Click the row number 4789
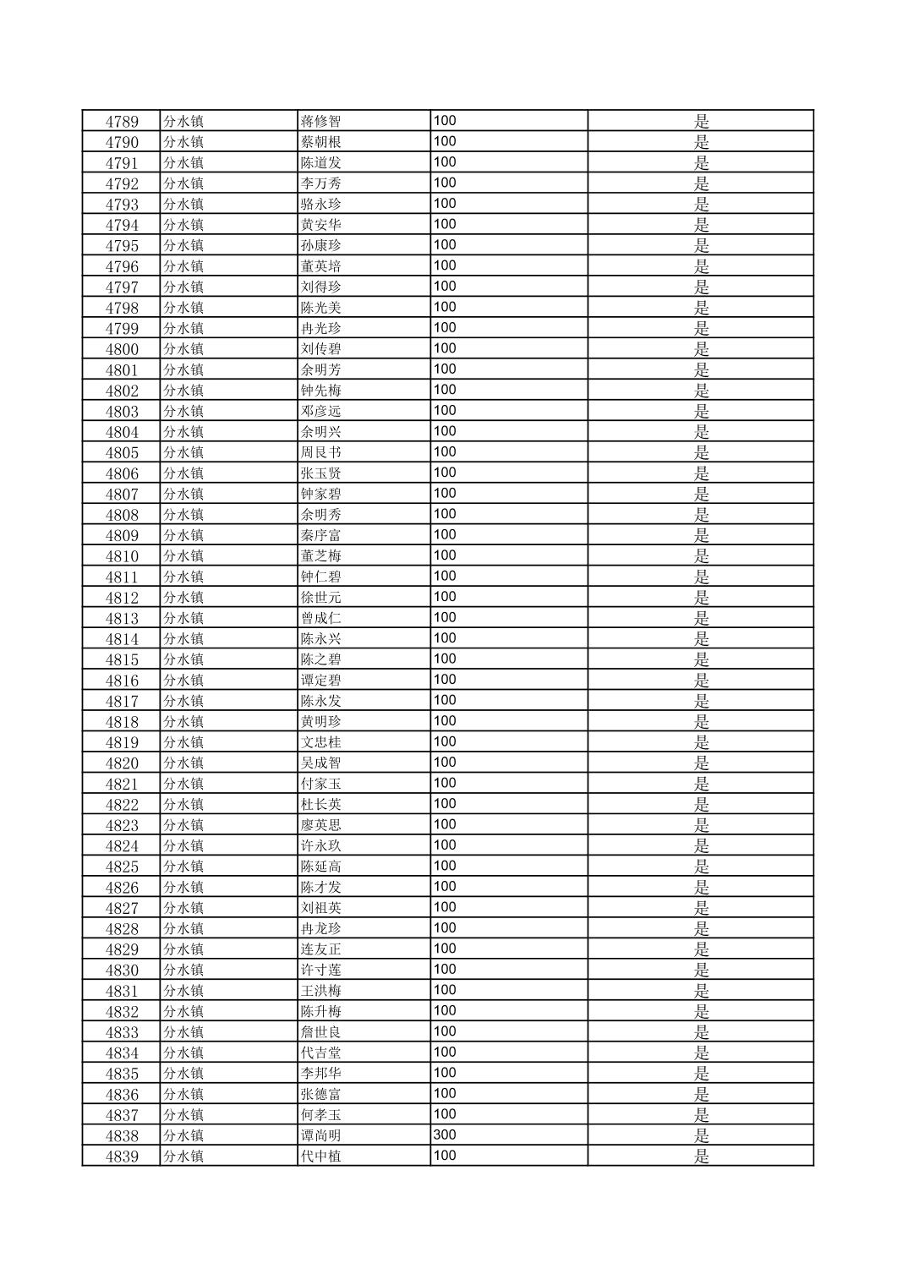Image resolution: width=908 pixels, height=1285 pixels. pos(122,122)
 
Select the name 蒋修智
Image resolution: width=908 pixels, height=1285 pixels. pos(320,122)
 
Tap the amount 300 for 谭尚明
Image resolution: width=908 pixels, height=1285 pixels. pos(445,1135)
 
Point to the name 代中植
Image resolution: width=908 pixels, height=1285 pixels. pos(320,1156)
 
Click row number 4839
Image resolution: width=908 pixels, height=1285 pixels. pos(122,1156)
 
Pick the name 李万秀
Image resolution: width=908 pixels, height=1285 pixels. pos(320,183)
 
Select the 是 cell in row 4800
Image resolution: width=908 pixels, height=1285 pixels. pos(701,349)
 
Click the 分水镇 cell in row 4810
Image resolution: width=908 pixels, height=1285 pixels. pos(183,556)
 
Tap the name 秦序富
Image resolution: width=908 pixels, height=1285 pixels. pos(320,535)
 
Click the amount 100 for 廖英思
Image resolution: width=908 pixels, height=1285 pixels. pos(445,824)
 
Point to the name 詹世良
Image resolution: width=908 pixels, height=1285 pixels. pos(320,1032)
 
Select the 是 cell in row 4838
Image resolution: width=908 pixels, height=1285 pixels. pos(701,1135)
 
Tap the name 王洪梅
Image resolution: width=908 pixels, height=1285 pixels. pos(320,991)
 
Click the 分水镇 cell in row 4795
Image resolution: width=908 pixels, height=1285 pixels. pos(183,246)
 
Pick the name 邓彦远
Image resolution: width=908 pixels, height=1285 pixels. pos(320,412)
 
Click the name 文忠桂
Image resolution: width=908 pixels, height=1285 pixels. pos(320,742)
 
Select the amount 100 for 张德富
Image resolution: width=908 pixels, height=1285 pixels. pos(445,1093)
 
